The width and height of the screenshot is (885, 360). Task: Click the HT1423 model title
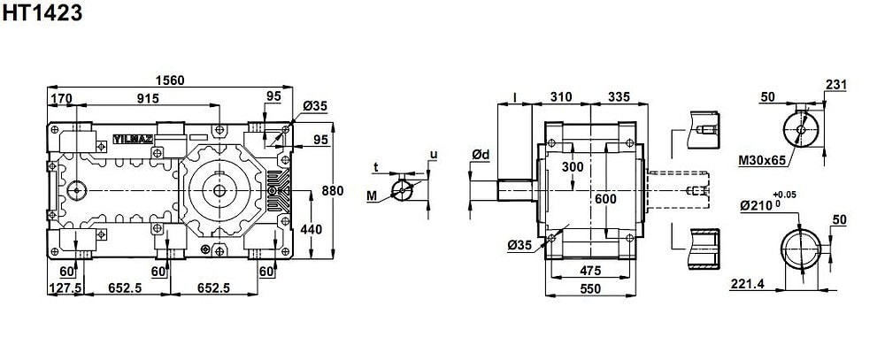coord(42,12)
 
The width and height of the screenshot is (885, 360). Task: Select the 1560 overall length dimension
coord(170,80)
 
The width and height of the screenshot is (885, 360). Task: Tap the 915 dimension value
coord(148,98)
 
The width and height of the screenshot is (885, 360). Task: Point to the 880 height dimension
coord(333,191)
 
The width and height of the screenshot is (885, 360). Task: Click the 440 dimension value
coord(312,229)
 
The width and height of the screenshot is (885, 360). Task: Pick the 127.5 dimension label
coord(65,287)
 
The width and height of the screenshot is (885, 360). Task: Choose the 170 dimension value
coord(61,99)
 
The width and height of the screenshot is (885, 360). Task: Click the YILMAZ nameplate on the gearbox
coord(134,139)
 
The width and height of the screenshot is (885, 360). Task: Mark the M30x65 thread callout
coord(762,161)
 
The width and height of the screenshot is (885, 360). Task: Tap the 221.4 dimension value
coord(747,284)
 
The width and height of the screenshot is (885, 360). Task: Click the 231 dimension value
coord(836,85)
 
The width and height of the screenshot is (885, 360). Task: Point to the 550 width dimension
coord(590,288)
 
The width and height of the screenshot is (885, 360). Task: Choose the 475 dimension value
coord(590,271)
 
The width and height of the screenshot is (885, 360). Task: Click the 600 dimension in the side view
coord(605,199)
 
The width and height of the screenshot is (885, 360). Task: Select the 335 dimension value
coord(619,97)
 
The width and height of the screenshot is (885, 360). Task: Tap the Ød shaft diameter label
coord(481,154)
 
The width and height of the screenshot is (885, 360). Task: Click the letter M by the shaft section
coord(371,195)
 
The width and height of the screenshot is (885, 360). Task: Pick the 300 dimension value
coord(573,167)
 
